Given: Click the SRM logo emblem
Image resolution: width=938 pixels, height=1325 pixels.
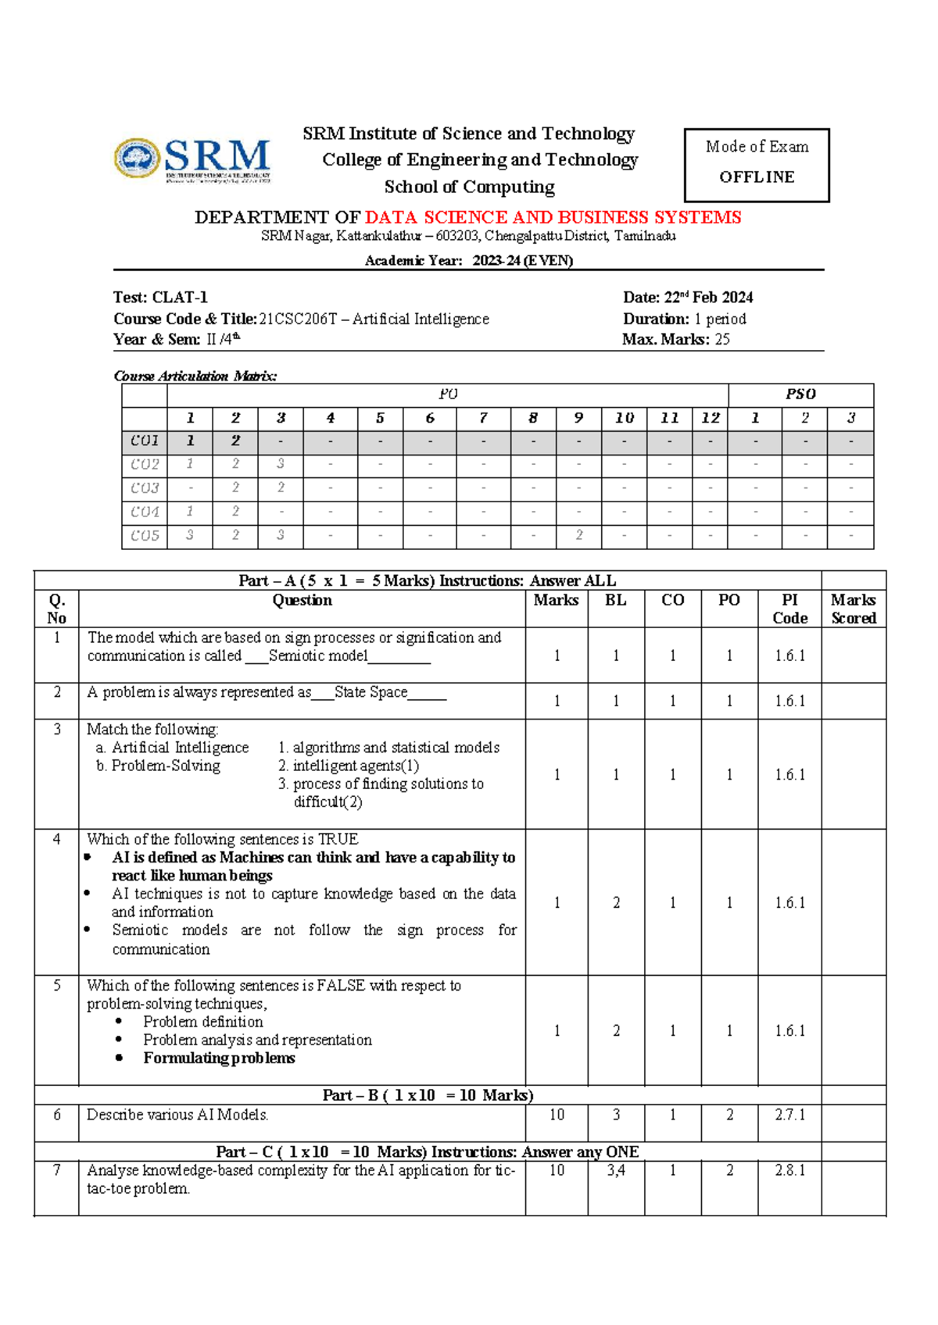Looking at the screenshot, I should [138, 159].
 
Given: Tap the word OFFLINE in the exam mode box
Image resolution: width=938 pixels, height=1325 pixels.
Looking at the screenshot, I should [756, 177].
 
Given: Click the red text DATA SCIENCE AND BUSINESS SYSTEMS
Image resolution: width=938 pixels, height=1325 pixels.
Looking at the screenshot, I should [553, 217].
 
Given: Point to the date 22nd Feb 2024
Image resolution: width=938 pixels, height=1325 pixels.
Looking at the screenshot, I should [708, 298].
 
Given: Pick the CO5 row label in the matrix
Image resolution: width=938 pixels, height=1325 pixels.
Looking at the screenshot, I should [145, 536].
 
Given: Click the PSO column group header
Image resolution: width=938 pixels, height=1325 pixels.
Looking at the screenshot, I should [800, 395].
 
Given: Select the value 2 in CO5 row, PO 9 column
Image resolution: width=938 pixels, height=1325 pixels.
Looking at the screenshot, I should [578, 536].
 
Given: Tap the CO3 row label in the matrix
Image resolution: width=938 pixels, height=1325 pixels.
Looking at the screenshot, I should [145, 488].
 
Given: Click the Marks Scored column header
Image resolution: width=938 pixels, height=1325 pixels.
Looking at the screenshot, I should [853, 609].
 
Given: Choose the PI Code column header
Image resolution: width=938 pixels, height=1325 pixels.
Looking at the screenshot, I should [789, 609].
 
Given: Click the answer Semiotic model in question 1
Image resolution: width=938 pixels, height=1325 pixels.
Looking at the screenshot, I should [318, 656].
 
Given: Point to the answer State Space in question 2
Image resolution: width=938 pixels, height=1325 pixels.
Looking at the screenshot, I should [371, 692].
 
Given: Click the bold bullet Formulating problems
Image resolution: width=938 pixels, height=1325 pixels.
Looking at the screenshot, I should [219, 1058].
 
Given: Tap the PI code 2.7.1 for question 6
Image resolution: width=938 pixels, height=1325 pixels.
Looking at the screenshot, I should [789, 1115].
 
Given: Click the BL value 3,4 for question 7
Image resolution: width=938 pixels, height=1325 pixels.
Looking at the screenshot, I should [615, 1170].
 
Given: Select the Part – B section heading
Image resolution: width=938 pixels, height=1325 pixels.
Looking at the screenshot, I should [428, 1095].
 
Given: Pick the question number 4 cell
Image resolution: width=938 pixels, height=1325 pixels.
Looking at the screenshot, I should [56, 839].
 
